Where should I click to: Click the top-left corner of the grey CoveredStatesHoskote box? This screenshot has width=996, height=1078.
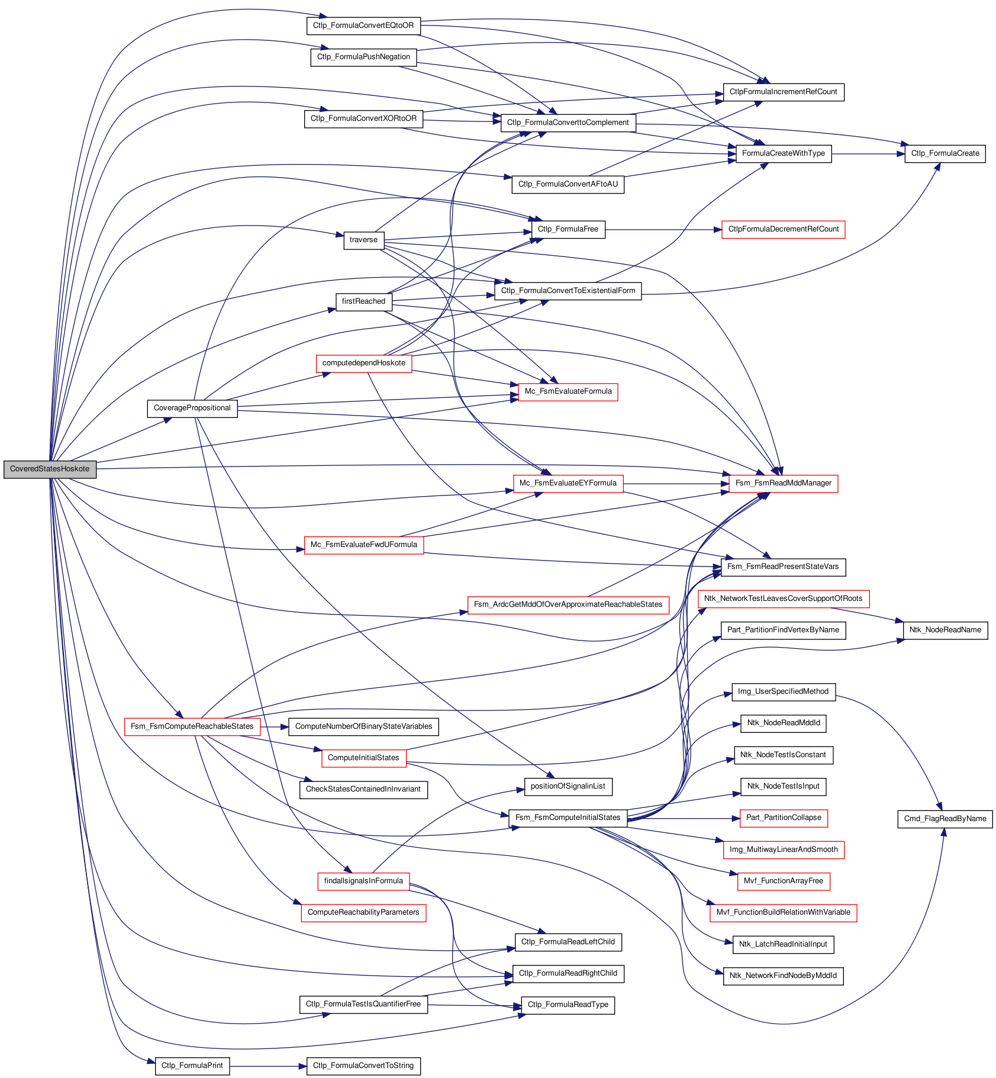(4, 460)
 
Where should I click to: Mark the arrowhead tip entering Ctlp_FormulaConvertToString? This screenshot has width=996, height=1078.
(307, 1066)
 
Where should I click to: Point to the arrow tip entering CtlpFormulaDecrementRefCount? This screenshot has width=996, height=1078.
(722, 230)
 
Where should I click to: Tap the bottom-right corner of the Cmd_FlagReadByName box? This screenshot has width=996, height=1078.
(992, 828)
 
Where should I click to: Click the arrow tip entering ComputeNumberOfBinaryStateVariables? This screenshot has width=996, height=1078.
(289, 727)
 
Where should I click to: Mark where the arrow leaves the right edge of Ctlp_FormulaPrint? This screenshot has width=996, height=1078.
(230, 1066)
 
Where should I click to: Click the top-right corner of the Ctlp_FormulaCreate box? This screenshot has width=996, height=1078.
(985, 144)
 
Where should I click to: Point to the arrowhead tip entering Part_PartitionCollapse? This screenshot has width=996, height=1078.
(740, 818)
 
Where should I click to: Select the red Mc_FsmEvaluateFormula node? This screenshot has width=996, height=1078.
(568, 392)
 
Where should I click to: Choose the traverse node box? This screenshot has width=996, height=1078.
(363, 240)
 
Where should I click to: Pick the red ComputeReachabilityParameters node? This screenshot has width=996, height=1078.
(363, 912)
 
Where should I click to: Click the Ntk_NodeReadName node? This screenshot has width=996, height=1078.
(945, 630)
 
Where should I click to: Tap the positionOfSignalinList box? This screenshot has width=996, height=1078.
(568, 787)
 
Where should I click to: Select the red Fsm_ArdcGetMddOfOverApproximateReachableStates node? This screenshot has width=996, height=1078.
(568, 604)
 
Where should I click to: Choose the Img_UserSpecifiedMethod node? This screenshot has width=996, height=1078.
(784, 691)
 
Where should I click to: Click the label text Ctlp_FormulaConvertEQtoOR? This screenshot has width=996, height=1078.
(363, 25)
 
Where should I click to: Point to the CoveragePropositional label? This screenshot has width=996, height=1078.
(192, 408)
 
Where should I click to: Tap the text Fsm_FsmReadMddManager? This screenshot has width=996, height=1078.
(784, 483)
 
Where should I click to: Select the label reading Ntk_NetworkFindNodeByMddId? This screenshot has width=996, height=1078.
(784, 976)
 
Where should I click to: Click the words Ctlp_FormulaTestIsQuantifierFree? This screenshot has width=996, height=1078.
(363, 1004)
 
